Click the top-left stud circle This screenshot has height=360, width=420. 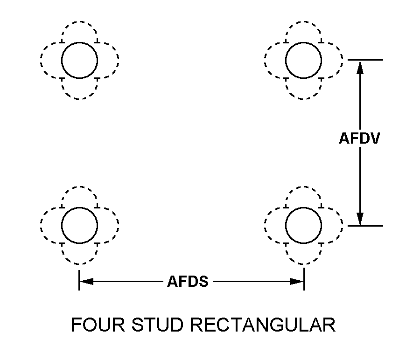click(x=79, y=60)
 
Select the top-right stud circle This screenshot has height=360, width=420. click(x=303, y=60)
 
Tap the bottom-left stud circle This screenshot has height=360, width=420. click(x=79, y=225)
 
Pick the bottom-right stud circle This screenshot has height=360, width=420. click(x=303, y=225)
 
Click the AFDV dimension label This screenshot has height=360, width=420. click(x=359, y=138)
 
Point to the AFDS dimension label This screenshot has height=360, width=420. click(x=188, y=282)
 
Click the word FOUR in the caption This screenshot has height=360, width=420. click(x=98, y=325)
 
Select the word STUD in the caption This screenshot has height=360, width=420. click(x=158, y=325)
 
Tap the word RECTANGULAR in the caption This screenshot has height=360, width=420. click(x=263, y=325)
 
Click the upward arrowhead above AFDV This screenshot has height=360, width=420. click(x=360, y=67)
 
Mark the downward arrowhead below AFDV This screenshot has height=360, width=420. click(x=360, y=219)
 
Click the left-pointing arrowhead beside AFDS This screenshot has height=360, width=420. click(x=86, y=282)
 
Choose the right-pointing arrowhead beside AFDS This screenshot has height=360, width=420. click(x=297, y=282)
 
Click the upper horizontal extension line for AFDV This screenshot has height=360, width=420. click(x=365, y=60)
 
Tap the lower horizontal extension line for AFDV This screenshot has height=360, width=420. click(x=365, y=226)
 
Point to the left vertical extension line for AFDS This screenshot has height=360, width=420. click(x=79, y=280)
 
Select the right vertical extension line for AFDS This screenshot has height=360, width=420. click(x=304, y=280)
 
